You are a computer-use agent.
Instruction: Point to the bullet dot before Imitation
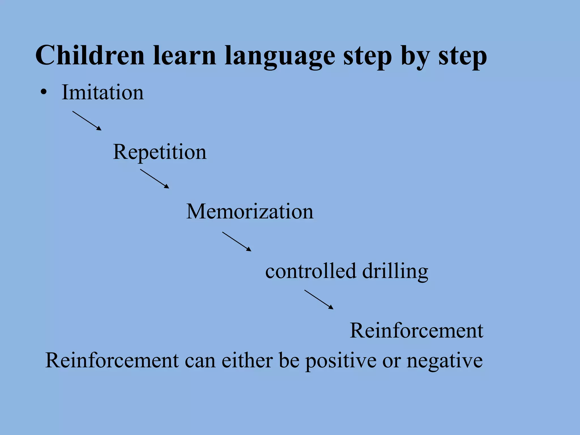click(43, 92)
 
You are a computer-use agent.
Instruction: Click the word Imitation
click(103, 92)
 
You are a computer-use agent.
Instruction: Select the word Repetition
click(160, 152)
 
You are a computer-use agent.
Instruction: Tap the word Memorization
click(250, 212)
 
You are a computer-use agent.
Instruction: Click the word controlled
click(310, 271)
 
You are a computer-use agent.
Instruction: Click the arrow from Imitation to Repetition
click(87, 121)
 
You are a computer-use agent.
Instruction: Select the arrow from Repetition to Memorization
click(154, 179)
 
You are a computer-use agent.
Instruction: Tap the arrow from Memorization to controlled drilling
click(236, 242)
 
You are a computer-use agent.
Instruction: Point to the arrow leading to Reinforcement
click(319, 299)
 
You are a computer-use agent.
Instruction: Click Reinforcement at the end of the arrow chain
click(417, 330)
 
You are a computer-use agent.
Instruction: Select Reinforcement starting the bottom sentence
click(112, 360)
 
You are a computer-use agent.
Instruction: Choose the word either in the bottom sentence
click(247, 360)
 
